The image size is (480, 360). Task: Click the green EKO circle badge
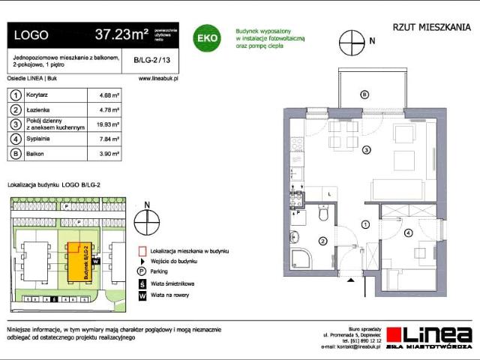coord(207,37)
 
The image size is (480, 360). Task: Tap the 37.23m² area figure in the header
coord(121,34)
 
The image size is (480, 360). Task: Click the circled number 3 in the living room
coord(366,151)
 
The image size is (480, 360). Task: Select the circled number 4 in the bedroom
coord(408,233)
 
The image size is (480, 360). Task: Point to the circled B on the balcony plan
coord(364,94)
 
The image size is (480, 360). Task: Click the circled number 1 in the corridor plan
coord(364,223)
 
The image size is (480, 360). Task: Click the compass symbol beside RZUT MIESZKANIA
coord(351,41)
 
